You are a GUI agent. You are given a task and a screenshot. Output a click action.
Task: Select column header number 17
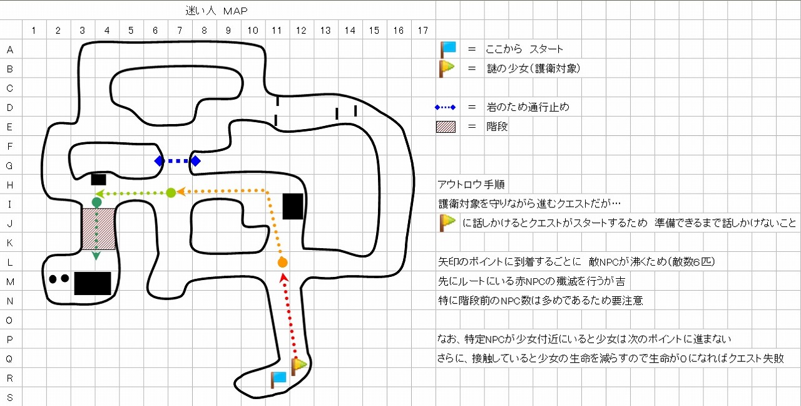423,29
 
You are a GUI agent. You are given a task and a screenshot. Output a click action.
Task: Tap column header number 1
33,29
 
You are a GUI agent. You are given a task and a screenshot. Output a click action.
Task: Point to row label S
10,397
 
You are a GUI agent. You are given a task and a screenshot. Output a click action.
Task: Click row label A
10,49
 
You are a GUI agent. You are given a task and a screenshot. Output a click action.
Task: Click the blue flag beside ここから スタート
447,48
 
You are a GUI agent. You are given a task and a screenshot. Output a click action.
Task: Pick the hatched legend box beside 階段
446,127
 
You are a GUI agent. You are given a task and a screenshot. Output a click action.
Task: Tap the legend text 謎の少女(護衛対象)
533,68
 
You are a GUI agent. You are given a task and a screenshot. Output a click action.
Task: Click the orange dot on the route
282,263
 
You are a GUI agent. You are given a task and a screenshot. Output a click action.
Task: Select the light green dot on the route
170,192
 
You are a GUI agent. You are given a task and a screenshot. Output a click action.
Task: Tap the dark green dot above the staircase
96,202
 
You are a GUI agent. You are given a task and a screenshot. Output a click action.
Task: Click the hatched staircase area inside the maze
98,229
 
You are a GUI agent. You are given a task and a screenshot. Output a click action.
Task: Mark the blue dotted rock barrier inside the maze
177,161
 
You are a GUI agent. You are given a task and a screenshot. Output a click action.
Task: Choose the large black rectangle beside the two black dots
93,283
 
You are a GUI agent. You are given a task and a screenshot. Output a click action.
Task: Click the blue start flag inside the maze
278,379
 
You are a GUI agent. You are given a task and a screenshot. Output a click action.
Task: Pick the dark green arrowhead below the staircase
96,256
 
